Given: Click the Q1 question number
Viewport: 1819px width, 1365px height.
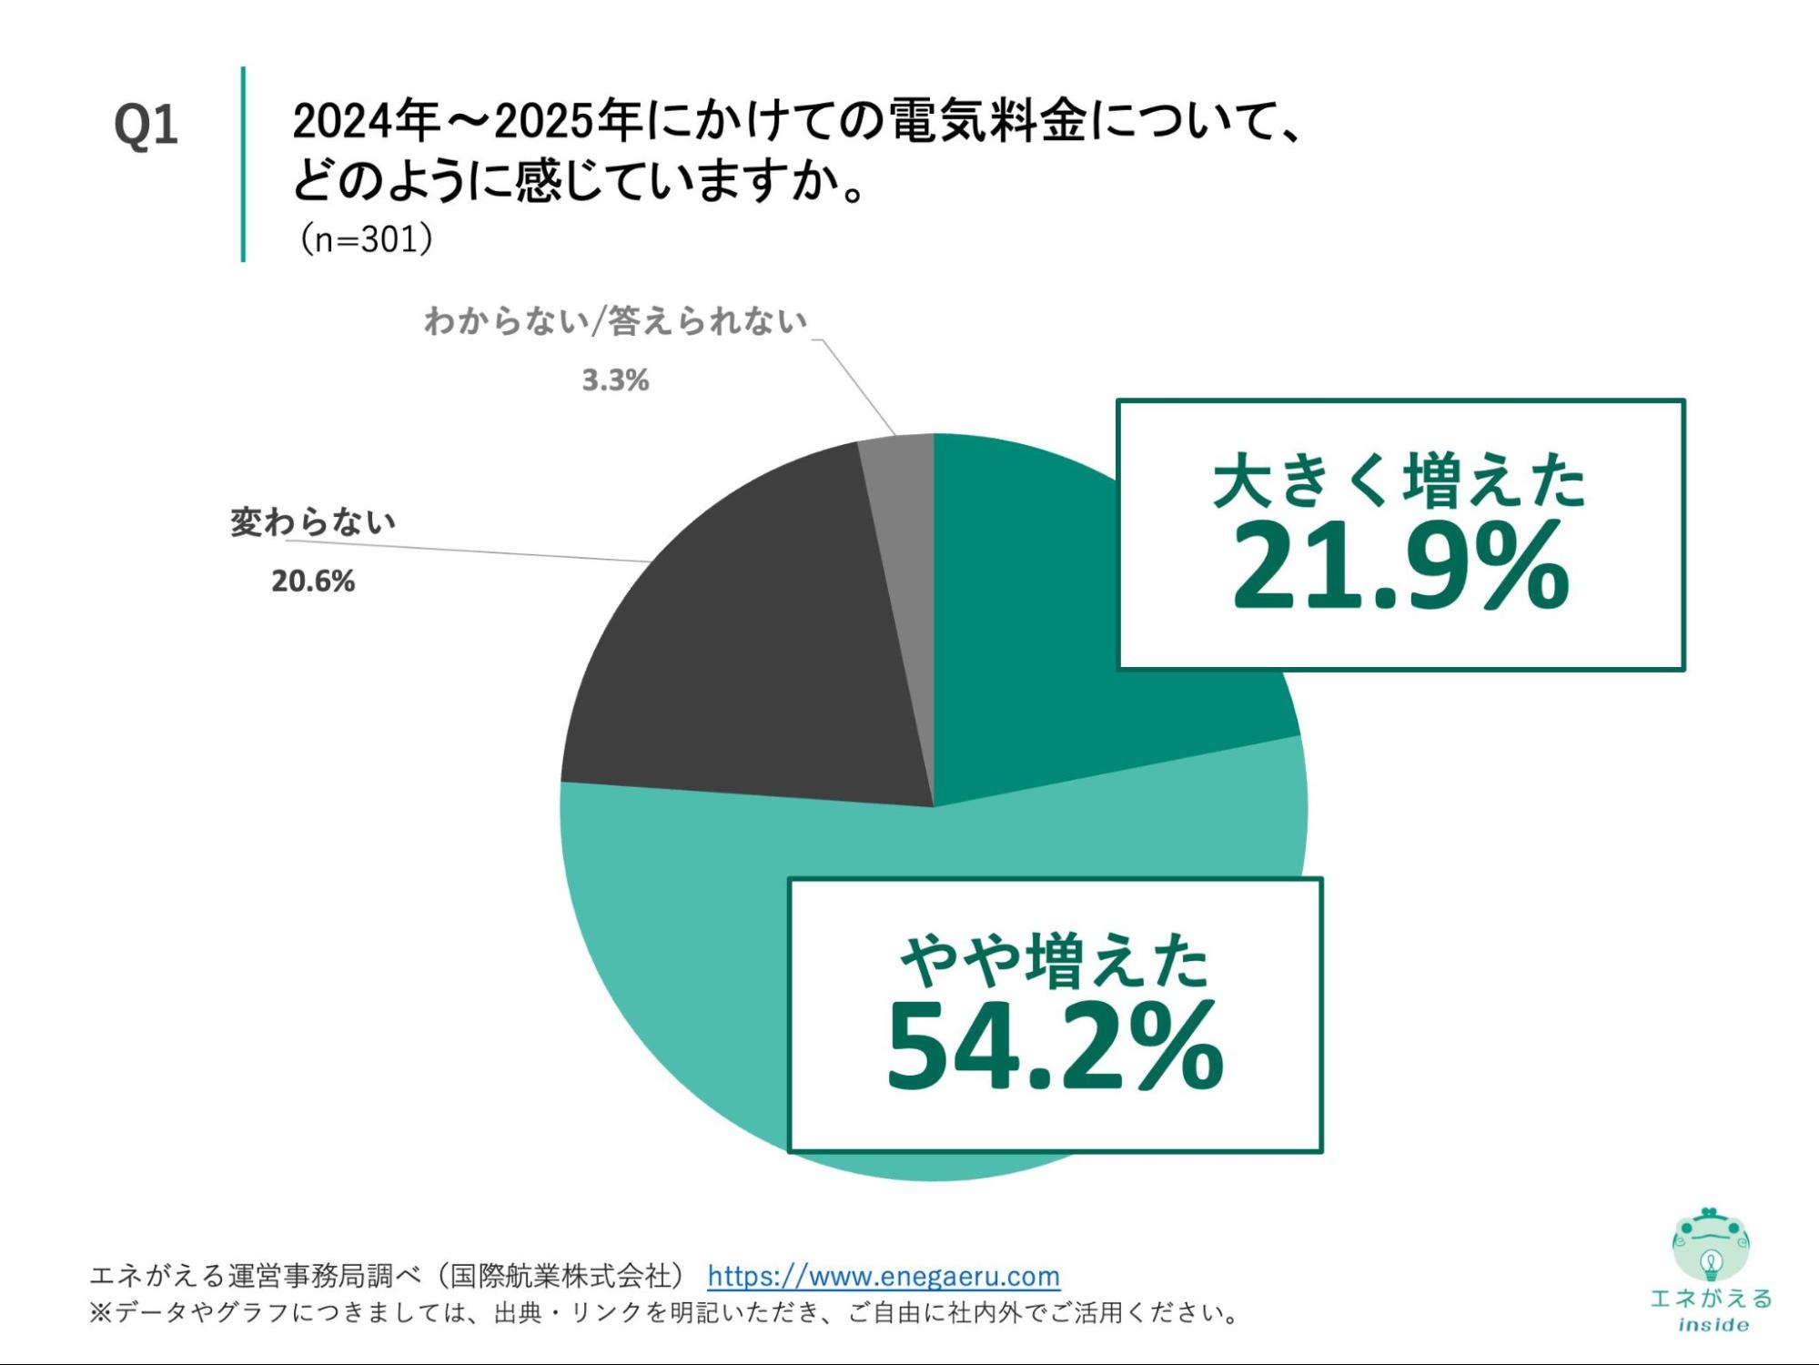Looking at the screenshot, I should (x=146, y=126).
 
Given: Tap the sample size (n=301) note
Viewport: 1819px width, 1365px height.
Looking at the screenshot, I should (x=366, y=239).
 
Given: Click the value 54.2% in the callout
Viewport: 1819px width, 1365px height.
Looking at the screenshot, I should (x=1055, y=1046).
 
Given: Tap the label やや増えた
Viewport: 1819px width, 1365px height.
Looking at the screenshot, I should (x=1055, y=961).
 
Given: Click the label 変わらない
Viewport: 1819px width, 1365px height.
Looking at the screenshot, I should (x=313, y=522).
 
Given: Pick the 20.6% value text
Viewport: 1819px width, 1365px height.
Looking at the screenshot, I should (x=313, y=581).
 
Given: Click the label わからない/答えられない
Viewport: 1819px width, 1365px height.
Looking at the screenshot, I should (x=616, y=321).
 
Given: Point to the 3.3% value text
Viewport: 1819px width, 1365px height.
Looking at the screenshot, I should (x=616, y=380).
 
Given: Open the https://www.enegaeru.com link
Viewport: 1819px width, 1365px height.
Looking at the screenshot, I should (x=884, y=1276).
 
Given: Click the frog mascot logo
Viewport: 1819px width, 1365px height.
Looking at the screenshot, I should (x=1711, y=1244).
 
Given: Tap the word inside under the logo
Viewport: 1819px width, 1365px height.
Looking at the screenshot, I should (x=1713, y=1325).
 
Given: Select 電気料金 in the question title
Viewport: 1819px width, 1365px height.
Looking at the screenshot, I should (x=987, y=121).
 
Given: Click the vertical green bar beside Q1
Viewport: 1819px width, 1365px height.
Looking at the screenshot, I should (x=243, y=164).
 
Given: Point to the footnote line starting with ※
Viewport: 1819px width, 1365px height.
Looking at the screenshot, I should (x=664, y=1313).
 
